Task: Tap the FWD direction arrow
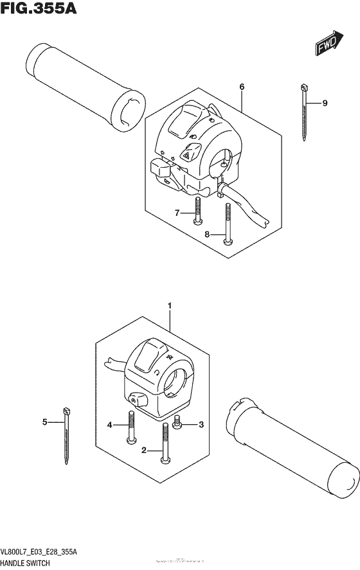point(328,43)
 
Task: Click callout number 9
point(325,103)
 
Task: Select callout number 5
point(45,422)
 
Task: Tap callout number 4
point(110,425)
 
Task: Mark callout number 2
point(144,450)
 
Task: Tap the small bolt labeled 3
point(178,424)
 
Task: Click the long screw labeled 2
point(166,444)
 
